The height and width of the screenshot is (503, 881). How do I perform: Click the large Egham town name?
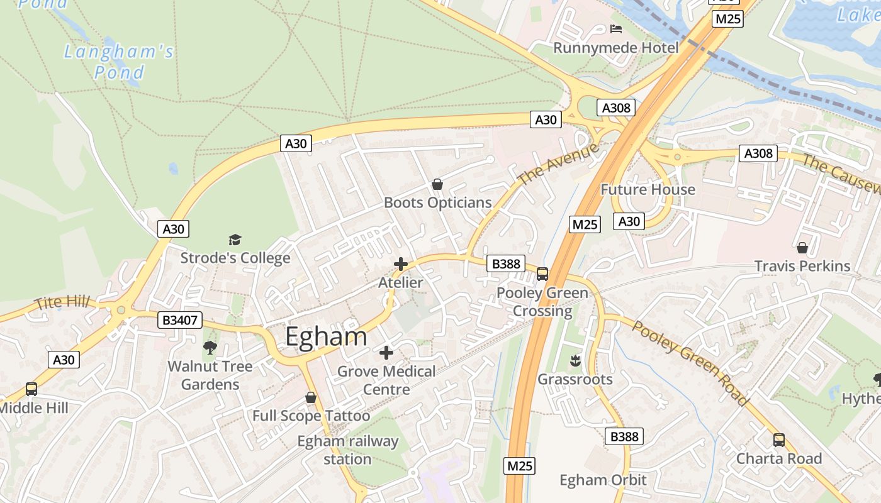coord(326,336)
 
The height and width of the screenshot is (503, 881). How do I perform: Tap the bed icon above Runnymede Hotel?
coord(616,29)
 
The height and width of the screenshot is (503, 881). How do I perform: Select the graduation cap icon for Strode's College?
coord(235,240)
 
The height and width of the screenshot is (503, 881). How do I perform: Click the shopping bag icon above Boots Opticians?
coord(437,184)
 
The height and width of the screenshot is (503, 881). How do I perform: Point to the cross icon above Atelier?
coord(400,264)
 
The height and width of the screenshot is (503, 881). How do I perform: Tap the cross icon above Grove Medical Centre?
coord(386,353)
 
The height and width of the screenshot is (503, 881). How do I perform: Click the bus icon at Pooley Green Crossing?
coord(542,274)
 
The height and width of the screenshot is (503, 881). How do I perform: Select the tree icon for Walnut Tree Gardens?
coord(210,347)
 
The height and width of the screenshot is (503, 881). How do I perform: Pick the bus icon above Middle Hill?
coord(31,389)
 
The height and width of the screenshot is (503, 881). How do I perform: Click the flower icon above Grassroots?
coord(575,361)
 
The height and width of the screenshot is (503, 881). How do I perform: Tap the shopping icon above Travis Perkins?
coord(802,248)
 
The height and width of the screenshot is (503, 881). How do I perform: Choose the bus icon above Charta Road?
coord(779,440)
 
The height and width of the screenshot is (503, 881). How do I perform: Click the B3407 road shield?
coord(180,321)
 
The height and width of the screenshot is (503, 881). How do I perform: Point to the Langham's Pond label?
coord(118,61)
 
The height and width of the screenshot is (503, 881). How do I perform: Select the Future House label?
coord(648,189)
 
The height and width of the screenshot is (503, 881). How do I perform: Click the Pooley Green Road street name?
coord(691,363)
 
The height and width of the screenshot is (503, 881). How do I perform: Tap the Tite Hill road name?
coord(62,302)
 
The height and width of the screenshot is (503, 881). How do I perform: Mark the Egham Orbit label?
coord(603,480)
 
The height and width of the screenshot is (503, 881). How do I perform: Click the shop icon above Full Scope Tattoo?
coord(310,397)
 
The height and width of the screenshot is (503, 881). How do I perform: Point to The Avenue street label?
coord(558,165)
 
